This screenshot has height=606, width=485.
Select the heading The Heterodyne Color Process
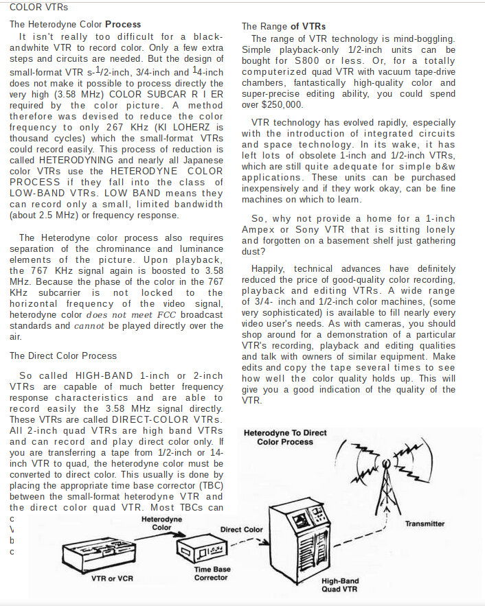pos(75,24)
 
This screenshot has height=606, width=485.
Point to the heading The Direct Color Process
pos(63,356)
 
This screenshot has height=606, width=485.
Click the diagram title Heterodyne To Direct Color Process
pos(285,437)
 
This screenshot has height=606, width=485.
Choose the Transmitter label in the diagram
pos(425,524)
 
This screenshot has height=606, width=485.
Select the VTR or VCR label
pos(112,578)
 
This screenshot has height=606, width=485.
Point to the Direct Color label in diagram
pos(241,529)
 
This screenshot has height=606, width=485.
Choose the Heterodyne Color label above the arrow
pos(161,524)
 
